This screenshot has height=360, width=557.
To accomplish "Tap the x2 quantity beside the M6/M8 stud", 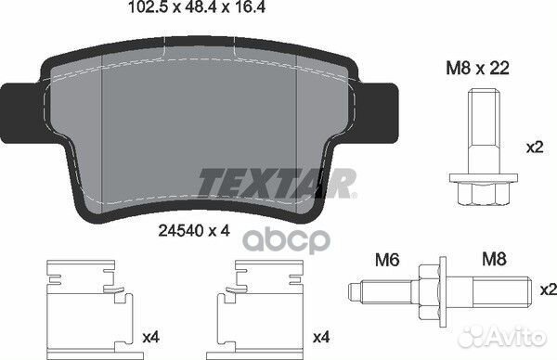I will coord(545,289).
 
